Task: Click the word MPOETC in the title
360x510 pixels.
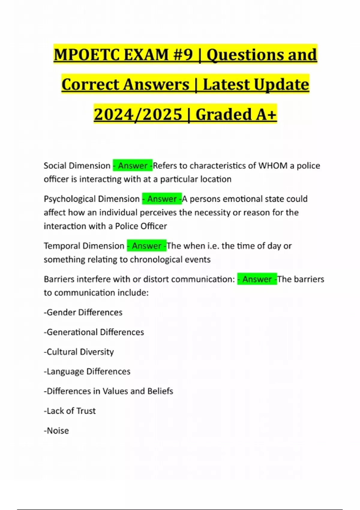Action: pos(86,55)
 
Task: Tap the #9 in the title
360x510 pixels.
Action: pos(182,55)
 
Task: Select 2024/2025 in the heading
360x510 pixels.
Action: pos(138,114)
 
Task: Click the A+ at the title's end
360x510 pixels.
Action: pos(266,114)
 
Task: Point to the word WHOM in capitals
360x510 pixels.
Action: pos(273,166)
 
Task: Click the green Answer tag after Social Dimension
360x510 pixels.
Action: pos(133,166)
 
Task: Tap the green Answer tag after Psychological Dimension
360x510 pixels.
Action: pos(162,199)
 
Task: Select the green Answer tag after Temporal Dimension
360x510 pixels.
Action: pos(147,246)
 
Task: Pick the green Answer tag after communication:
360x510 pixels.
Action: pos(257,279)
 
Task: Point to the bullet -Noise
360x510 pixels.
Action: pos(56,431)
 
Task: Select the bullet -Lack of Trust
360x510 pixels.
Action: pos(70,411)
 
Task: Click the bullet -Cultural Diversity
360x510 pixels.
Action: pos(79,352)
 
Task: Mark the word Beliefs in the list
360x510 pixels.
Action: pos(160,391)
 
